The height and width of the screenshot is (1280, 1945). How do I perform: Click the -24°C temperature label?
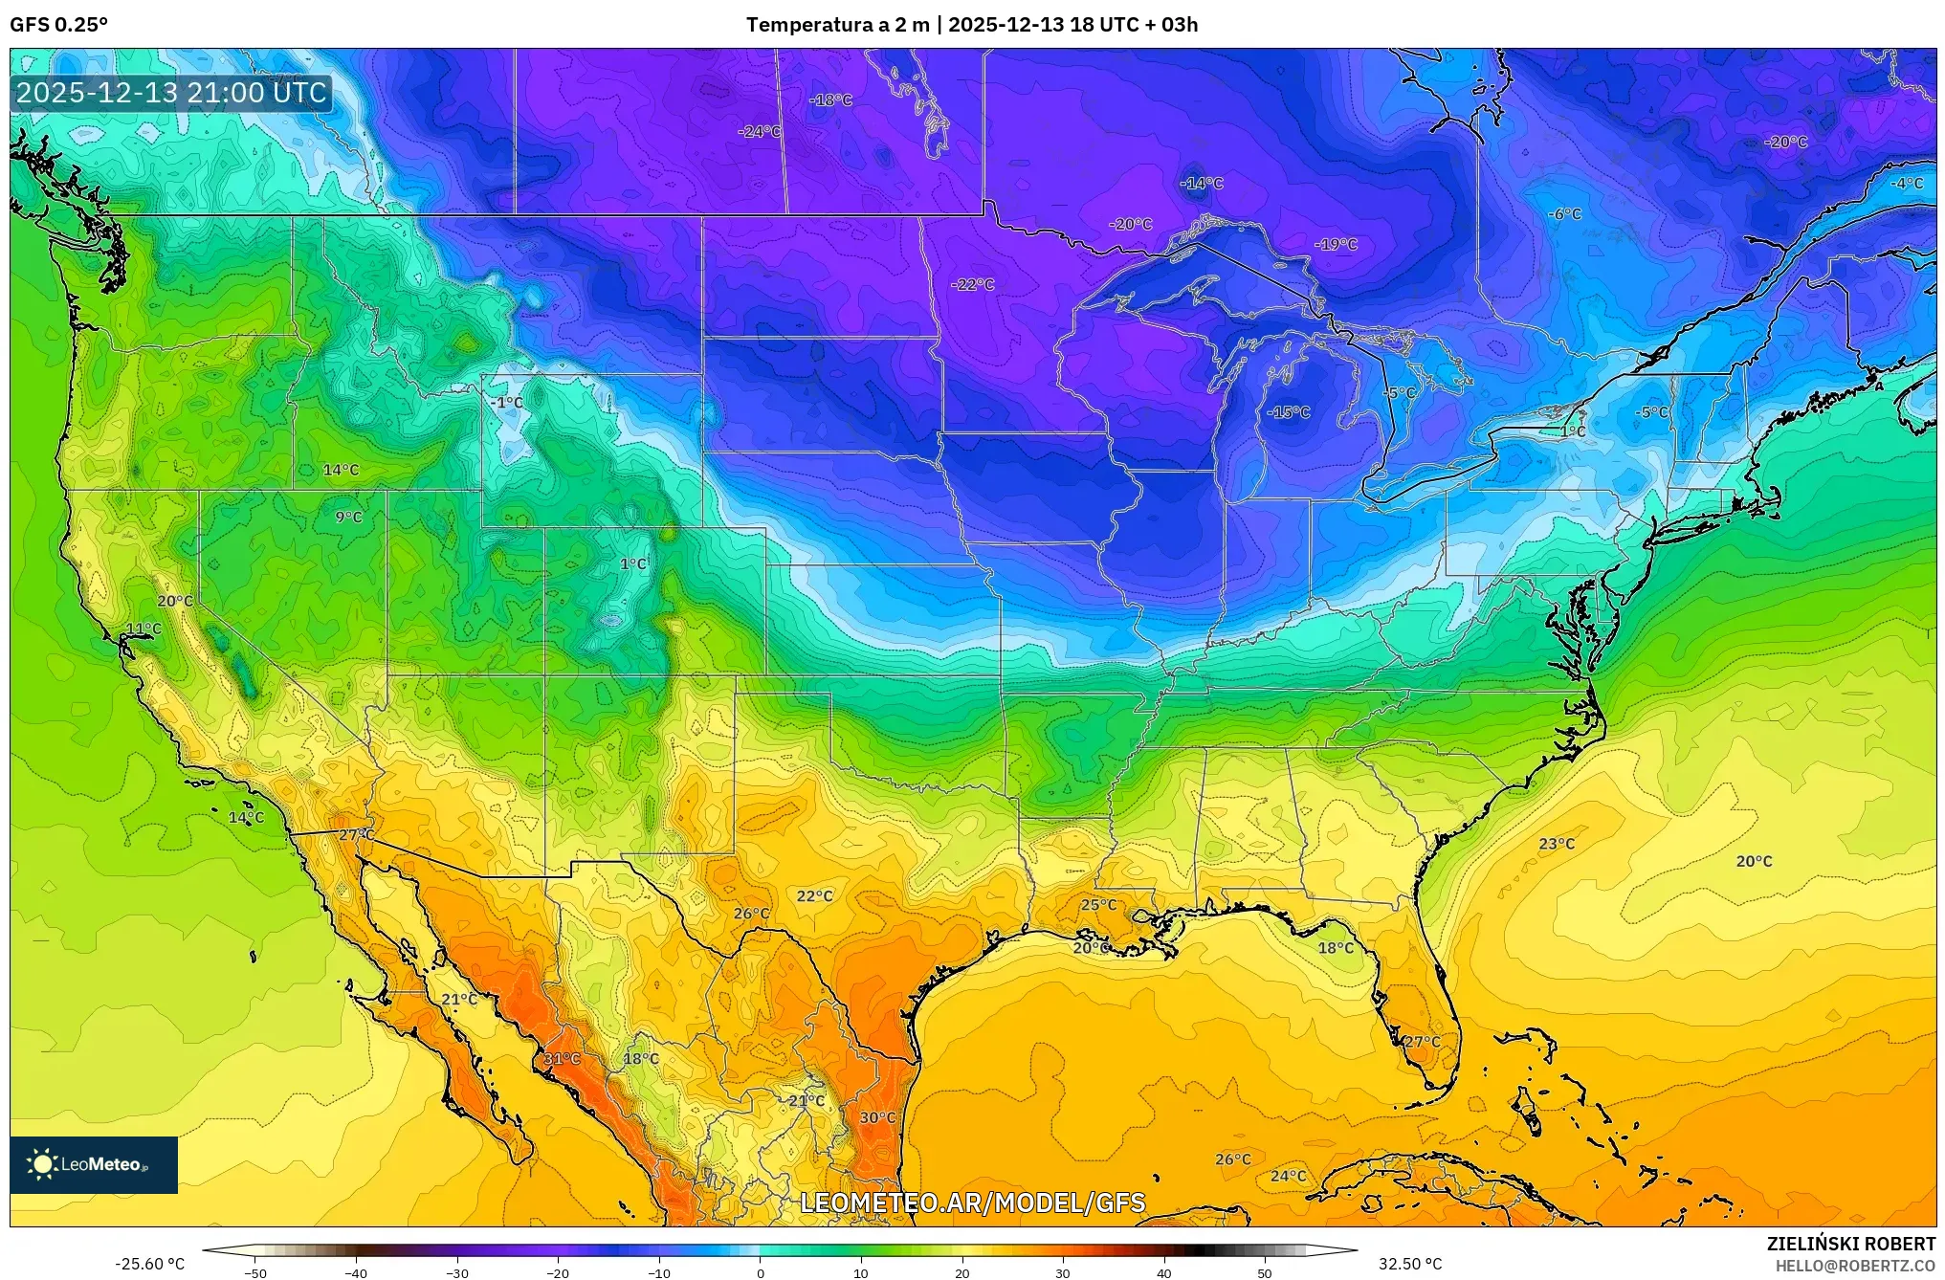[x=760, y=131]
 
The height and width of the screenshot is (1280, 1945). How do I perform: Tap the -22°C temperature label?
[x=972, y=284]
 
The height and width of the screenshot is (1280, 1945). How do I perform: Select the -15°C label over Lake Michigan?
[x=1288, y=412]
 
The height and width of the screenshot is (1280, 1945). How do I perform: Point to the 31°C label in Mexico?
[x=562, y=1059]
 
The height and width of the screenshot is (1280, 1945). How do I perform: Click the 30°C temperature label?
[x=877, y=1117]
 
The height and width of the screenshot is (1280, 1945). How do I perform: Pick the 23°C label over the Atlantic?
[x=1557, y=844]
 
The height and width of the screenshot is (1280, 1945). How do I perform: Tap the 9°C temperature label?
[x=348, y=518]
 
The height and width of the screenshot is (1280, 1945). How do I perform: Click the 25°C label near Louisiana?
[x=1098, y=905]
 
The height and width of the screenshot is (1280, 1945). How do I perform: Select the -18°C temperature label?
[x=830, y=99]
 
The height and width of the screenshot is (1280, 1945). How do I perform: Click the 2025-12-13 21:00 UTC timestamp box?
[x=171, y=93]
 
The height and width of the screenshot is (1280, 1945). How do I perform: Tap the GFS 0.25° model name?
[x=58, y=25]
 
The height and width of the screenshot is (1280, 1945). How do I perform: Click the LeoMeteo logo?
[x=94, y=1164]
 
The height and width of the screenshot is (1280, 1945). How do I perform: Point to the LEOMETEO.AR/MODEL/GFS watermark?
[x=972, y=1203]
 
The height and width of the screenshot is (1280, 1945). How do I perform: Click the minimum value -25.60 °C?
[x=149, y=1264]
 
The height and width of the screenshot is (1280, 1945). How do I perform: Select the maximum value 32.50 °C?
[x=1409, y=1264]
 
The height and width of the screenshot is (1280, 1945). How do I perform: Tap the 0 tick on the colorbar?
[x=760, y=1273]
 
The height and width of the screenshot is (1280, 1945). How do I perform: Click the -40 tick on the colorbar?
[x=356, y=1273]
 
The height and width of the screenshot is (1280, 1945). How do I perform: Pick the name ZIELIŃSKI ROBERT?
[x=1850, y=1245]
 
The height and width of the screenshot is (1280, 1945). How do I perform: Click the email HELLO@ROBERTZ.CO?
[x=1855, y=1266]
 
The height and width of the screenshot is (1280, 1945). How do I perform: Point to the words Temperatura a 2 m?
[x=837, y=25]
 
